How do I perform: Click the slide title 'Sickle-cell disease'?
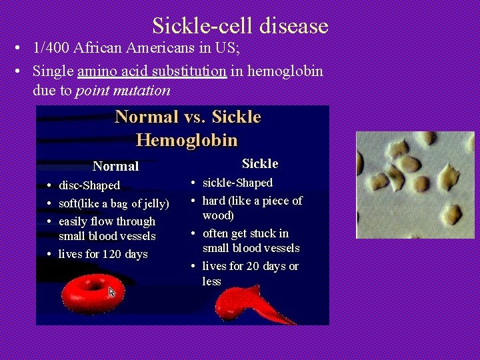[x=240, y=26]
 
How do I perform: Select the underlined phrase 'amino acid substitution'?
[x=152, y=71]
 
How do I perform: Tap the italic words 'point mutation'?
[x=123, y=90]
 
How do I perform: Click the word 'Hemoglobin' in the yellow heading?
[x=187, y=140]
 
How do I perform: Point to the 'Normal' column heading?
[x=115, y=166]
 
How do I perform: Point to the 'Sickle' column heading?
[x=260, y=163]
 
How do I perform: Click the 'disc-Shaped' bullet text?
[x=89, y=185]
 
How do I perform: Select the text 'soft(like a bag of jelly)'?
[x=114, y=203]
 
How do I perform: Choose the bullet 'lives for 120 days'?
[x=103, y=254]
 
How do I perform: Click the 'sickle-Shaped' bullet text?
[x=237, y=183]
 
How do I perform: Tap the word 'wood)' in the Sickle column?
[x=218, y=215]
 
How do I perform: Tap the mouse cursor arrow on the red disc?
[x=112, y=292]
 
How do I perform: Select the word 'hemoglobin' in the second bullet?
[x=285, y=71]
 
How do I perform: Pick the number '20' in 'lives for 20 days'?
[x=251, y=266]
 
